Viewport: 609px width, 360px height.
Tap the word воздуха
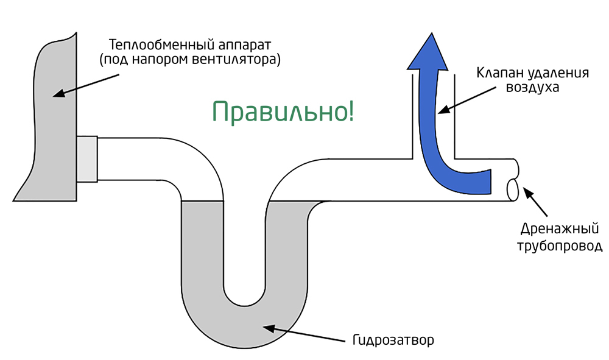[x=532, y=88]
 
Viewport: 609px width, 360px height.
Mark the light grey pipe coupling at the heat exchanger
[x=87, y=158]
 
